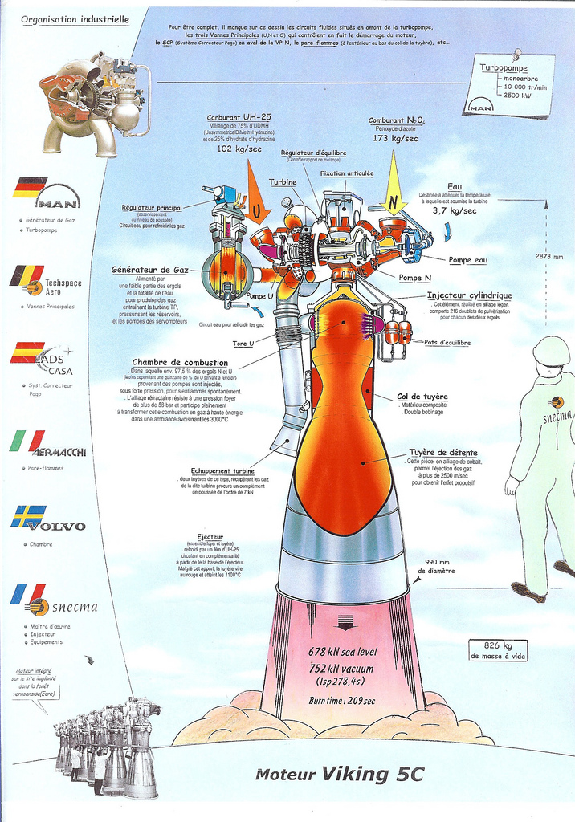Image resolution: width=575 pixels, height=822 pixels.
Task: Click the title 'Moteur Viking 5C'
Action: (x=338, y=775)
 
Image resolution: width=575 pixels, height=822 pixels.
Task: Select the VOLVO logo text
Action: (x=56, y=527)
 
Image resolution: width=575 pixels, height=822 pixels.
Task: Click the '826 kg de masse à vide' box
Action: (x=498, y=650)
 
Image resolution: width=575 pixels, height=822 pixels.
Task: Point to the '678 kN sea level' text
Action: (x=343, y=651)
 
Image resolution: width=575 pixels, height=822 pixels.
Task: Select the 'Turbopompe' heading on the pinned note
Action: (x=504, y=68)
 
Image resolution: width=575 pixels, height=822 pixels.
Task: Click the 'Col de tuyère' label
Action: (x=422, y=397)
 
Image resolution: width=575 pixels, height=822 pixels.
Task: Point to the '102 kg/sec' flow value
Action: (x=239, y=149)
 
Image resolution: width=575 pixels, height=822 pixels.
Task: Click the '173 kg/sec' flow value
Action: (x=396, y=139)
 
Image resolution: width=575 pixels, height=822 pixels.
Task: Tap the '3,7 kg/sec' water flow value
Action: (x=455, y=210)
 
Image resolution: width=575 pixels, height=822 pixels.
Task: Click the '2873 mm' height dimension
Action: (x=549, y=257)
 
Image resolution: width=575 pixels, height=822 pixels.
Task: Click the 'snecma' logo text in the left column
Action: (x=74, y=606)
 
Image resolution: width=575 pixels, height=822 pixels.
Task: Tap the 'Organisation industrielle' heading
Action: (x=75, y=18)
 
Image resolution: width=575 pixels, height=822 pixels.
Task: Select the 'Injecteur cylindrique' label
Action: (x=469, y=295)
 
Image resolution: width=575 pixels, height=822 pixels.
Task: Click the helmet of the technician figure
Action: (x=551, y=352)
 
